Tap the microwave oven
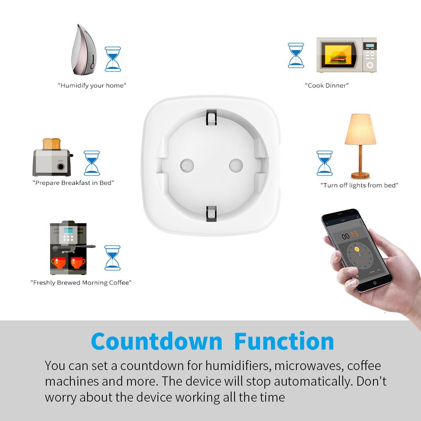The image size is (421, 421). tap(346, 55)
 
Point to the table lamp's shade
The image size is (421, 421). tap(360, 130)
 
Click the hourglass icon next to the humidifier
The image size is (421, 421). tap(112, 59)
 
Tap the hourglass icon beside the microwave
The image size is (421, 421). tap(296, 55)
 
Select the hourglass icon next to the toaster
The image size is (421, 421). tap(92, 163)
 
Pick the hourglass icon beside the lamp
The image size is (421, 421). tap(324, 163)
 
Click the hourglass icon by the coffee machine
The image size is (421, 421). tap(112, 258)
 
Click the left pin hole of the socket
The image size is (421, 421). tap(185, 164)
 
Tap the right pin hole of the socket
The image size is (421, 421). tap(236, 164)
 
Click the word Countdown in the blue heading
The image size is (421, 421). tap(156, 341)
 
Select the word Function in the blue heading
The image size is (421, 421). tap(284, 341)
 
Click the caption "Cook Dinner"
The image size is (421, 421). tap(327, 85)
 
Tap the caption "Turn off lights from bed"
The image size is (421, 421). tap(359, 185)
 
